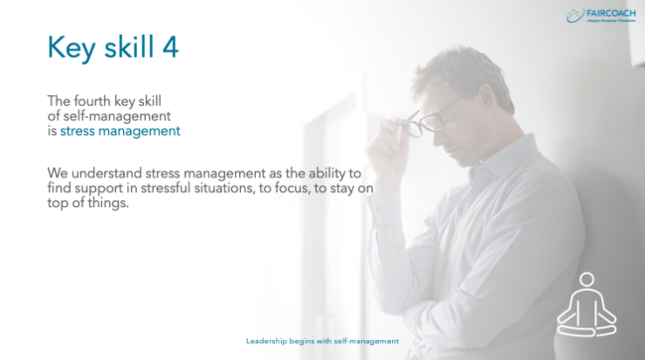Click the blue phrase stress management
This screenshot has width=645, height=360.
click(x=120, y=130)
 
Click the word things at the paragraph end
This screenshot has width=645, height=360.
click(x=114, y=189)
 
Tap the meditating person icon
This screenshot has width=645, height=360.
click(x=586, y=301)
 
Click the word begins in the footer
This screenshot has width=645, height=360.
click(x=308, y=339)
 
